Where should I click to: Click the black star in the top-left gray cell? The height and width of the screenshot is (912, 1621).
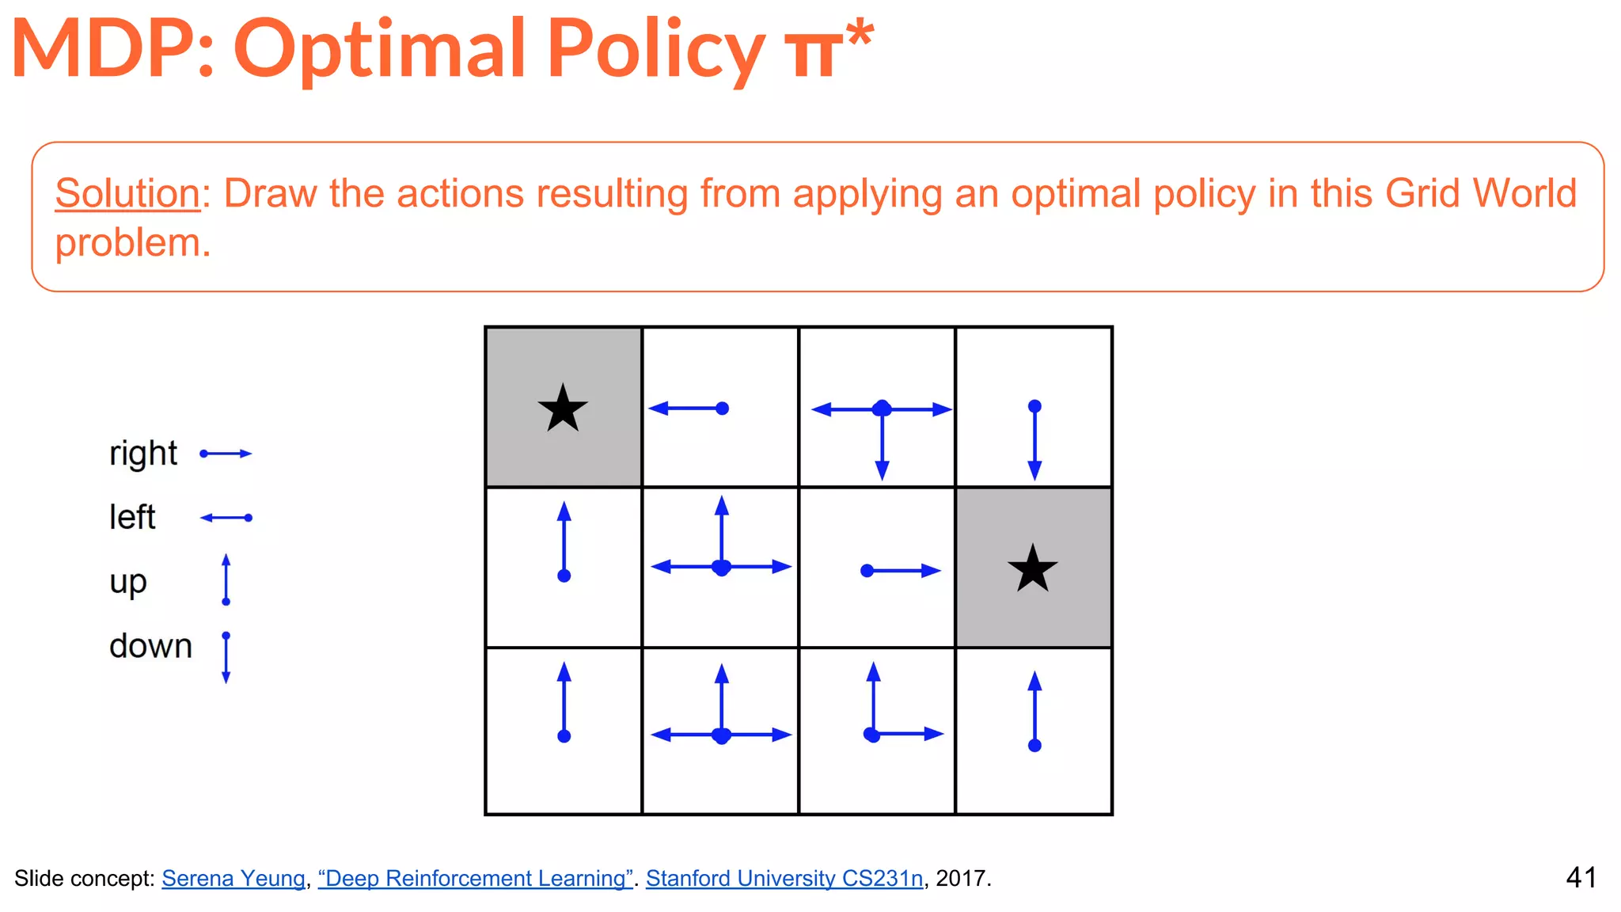click(x=563, y=408)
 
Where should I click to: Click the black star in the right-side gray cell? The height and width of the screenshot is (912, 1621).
click(x=1032, y=568)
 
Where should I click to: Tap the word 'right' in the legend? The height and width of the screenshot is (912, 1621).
click(x=143, y=454)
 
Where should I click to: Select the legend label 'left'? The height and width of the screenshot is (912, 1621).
click(x=132, y=518)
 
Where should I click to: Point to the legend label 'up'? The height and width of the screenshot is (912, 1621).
click(x=128, y=583)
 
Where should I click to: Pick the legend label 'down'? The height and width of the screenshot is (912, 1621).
click(x=150, y=646)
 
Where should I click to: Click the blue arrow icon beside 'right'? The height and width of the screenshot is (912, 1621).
click(x=226, y=454)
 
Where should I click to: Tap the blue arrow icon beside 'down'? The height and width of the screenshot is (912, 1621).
click(x=226, y=657)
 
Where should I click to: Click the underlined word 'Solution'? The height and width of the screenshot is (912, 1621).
click(x=127, y=193)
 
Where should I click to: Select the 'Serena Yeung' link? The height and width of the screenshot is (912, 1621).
click(x=233, y=878)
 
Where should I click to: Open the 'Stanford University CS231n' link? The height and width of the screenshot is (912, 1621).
click(x=784, y=878)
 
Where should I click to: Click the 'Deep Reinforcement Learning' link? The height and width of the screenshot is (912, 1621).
click(x=475, y=878)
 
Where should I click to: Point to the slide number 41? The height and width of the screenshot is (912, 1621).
click(x=1581, y=877)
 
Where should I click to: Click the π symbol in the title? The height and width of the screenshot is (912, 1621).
click(x=813, y=54)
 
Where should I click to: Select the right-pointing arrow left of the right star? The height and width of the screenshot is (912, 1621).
click(x=901, y=570)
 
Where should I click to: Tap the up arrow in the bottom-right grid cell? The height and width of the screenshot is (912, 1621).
click(x=1034, y=709)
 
